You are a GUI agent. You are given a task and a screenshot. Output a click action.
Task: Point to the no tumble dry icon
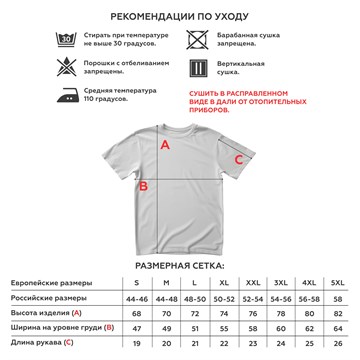(198, 41)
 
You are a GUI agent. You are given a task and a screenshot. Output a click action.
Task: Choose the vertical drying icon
(198, 69)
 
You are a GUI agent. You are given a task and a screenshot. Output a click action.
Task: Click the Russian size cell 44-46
(136, 299)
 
